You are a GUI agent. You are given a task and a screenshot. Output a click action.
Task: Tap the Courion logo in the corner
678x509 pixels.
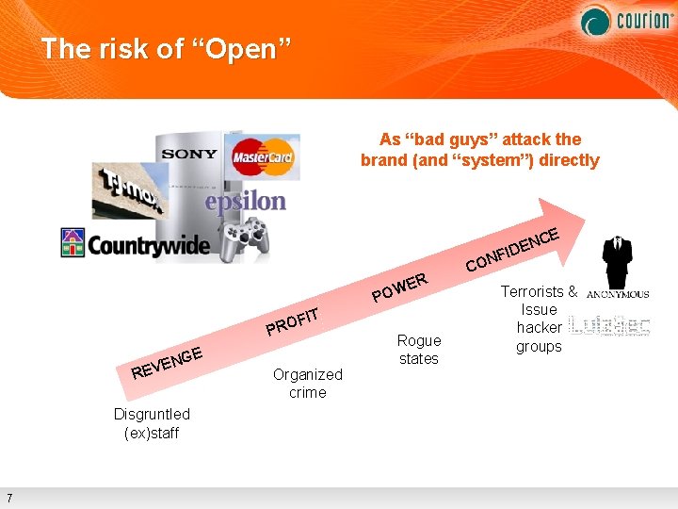[625, 20]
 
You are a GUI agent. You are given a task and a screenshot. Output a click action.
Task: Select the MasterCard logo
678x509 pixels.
[263, 156]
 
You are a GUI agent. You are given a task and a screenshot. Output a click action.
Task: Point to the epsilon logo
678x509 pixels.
[245, 201]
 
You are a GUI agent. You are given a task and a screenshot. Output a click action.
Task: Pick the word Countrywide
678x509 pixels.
[150, 245]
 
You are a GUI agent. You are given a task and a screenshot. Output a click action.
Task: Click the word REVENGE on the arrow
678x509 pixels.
[168, 363]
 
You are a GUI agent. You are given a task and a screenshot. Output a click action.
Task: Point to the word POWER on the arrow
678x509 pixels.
[401, 287]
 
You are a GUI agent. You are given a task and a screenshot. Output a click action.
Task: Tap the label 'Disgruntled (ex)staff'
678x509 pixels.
[152, 423]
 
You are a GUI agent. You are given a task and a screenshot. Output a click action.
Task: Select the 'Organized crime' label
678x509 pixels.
[308, 383]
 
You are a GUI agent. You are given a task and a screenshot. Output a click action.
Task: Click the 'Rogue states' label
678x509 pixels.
[419, 349]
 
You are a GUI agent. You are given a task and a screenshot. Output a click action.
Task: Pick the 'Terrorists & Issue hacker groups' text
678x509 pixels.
[539, 319]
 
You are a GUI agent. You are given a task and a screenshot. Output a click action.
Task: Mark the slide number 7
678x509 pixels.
[8, 498]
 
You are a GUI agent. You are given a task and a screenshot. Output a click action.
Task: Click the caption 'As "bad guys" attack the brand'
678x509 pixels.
[479, 149]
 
